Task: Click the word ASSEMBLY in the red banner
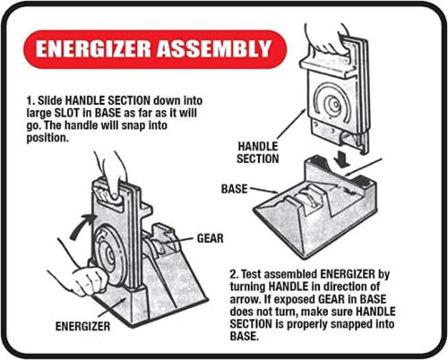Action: pos(214,49)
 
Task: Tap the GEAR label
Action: pos(210,238)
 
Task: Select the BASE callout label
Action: pos(234,189)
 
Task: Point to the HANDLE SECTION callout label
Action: pos(258,152)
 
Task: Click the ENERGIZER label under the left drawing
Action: pos(82,326)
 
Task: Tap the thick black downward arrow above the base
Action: pos(342,159)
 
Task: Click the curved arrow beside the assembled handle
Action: pos(81,226)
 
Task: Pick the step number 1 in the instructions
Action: pos(30,100)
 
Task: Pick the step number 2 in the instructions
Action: pos(233,274)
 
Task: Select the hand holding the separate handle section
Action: pos(325,39)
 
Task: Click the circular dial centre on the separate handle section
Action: pos(334,105)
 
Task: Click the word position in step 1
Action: pos(46,138)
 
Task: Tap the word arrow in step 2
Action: pos(244,299)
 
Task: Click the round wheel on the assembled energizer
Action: pos(108,253)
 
